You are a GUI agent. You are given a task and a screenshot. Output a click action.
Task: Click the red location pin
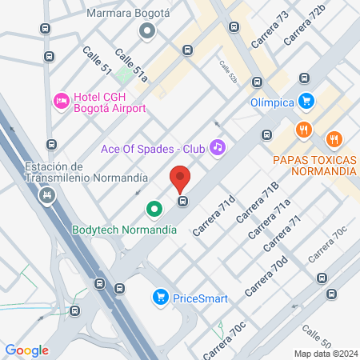point(180,178)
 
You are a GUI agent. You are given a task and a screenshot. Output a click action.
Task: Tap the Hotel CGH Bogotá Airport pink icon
point(61,100)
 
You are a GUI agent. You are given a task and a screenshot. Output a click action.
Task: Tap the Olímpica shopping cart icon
point(306,101)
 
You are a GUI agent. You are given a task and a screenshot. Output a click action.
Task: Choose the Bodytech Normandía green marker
point(154,210)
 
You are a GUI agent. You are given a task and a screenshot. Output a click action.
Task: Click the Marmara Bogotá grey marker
point(146,31)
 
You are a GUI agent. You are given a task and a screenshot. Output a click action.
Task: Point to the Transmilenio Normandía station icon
point(50,194)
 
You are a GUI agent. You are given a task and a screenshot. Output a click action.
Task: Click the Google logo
point(26,350)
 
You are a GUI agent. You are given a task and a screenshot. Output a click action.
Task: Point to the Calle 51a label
point(131,66)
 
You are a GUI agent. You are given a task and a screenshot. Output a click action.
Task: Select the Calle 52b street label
point(229,74)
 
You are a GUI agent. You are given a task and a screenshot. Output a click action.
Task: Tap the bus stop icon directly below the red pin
point(183,201)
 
